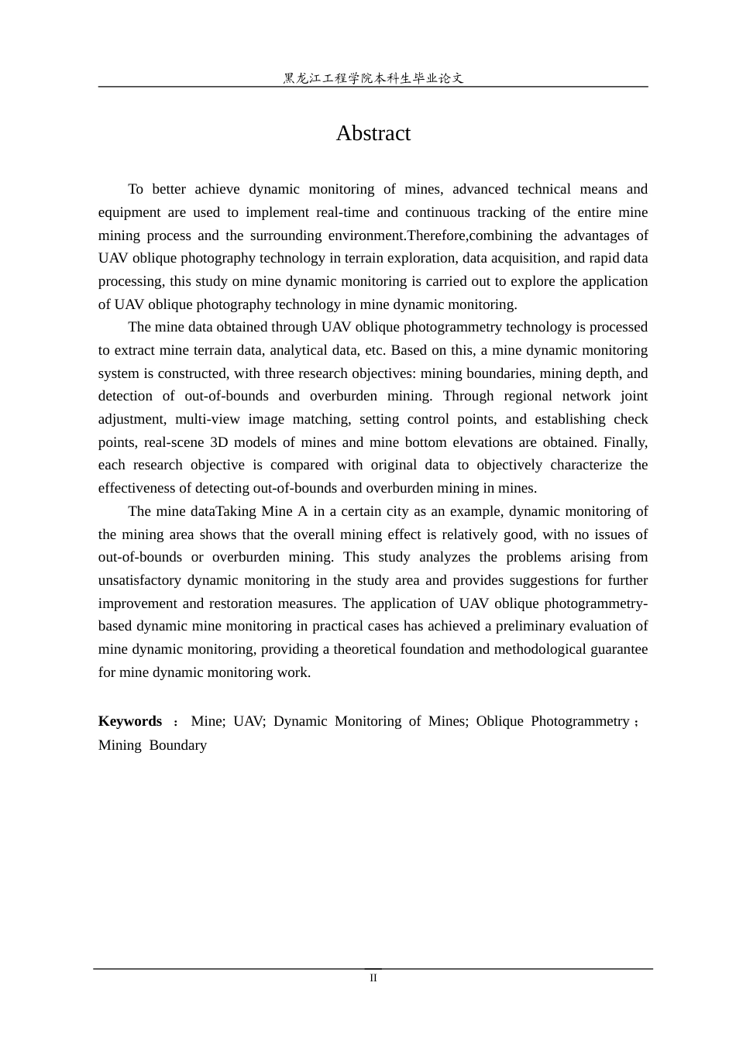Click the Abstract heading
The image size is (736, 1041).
pyautogui.click(x=373, y=133)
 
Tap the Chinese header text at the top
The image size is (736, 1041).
pyautogui.click(x=373, y=78)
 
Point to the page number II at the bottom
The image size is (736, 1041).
pyautogui.click(x=373, y=978)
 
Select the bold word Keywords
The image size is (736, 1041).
pyautogui.click(x=130, y=721)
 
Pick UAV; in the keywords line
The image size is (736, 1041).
pyautogui.click(x=249, y=721)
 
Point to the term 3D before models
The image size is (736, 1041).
pyautogui.click(x=218, y=442)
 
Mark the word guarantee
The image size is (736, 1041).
pyautogui.click(x=616, y=649)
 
